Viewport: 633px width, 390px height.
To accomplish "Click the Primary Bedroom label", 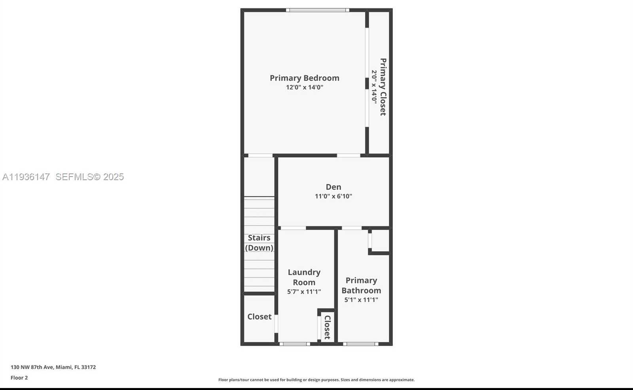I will click(x=304, y=78).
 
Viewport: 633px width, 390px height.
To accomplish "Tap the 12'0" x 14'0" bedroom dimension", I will click(x=304, y=88).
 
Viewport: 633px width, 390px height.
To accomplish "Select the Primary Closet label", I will click(x=383, y=87).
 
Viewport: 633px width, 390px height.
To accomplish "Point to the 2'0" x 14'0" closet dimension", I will click(x=374, y=87).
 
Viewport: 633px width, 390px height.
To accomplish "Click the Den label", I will click(x=333, y=187).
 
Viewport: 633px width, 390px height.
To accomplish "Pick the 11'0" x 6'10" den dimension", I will click(x=333, y=196).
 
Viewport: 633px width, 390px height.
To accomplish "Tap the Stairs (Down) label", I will click(x=259, y=243).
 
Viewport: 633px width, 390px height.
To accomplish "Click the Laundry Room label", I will click(x=304, y=277).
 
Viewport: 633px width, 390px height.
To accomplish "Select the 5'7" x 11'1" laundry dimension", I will click(x=304, y=292).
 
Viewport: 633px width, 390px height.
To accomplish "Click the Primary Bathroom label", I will click(x=361, y=285).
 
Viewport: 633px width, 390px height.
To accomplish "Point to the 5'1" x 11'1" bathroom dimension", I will click(x=361, y=300).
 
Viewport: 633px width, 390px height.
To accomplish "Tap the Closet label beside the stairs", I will click(x=259, y=317).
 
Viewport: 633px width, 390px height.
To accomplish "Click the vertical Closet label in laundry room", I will click(x=327, y=327).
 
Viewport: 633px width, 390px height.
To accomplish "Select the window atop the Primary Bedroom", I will click(x=317, y=10).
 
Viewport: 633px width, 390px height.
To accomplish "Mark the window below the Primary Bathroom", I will click(x=360, y=344).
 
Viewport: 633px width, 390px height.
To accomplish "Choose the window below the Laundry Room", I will click(x=295, y=344).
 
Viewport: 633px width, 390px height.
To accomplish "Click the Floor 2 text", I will click(x=19, y=378).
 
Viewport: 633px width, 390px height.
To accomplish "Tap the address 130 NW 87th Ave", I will click(x=53, y=367).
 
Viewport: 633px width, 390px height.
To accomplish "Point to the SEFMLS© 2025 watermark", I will click(x=89, y=177).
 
